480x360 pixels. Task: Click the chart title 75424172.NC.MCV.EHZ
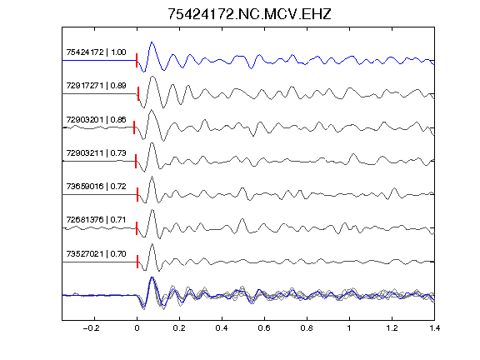[x=249, y=14]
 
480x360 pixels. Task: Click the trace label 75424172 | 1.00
[x=96, y=52]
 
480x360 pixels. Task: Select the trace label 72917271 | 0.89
[x=96, y=85]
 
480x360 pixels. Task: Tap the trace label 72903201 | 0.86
[x=96, y=119]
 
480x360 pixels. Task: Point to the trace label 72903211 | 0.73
[x=96, y=152]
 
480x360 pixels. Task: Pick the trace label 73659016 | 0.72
[x=96, y=186]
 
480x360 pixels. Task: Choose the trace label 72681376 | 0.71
[x=96, y=219]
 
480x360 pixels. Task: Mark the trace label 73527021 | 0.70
[x=96, y=254]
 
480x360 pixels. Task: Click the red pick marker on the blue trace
[x=137, y=60]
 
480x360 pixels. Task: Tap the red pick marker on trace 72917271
[x=138, y=93]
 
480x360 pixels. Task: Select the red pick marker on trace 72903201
[x=134, y=127]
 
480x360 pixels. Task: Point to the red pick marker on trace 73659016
[x=137, y=194]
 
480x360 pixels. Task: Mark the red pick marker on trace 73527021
[x=137, y=262]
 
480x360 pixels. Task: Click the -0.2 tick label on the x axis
[x=92, y=328]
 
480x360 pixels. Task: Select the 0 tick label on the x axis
[x=137, y=328]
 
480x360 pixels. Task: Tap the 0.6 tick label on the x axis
[x=264, y=328]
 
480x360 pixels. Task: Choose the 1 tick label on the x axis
[x=349, y=328]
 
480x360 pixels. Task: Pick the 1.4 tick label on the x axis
[x=434, y=328]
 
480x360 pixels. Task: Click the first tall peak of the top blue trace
[x=152, y=42]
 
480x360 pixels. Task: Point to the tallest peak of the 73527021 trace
[x=152, y=244]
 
